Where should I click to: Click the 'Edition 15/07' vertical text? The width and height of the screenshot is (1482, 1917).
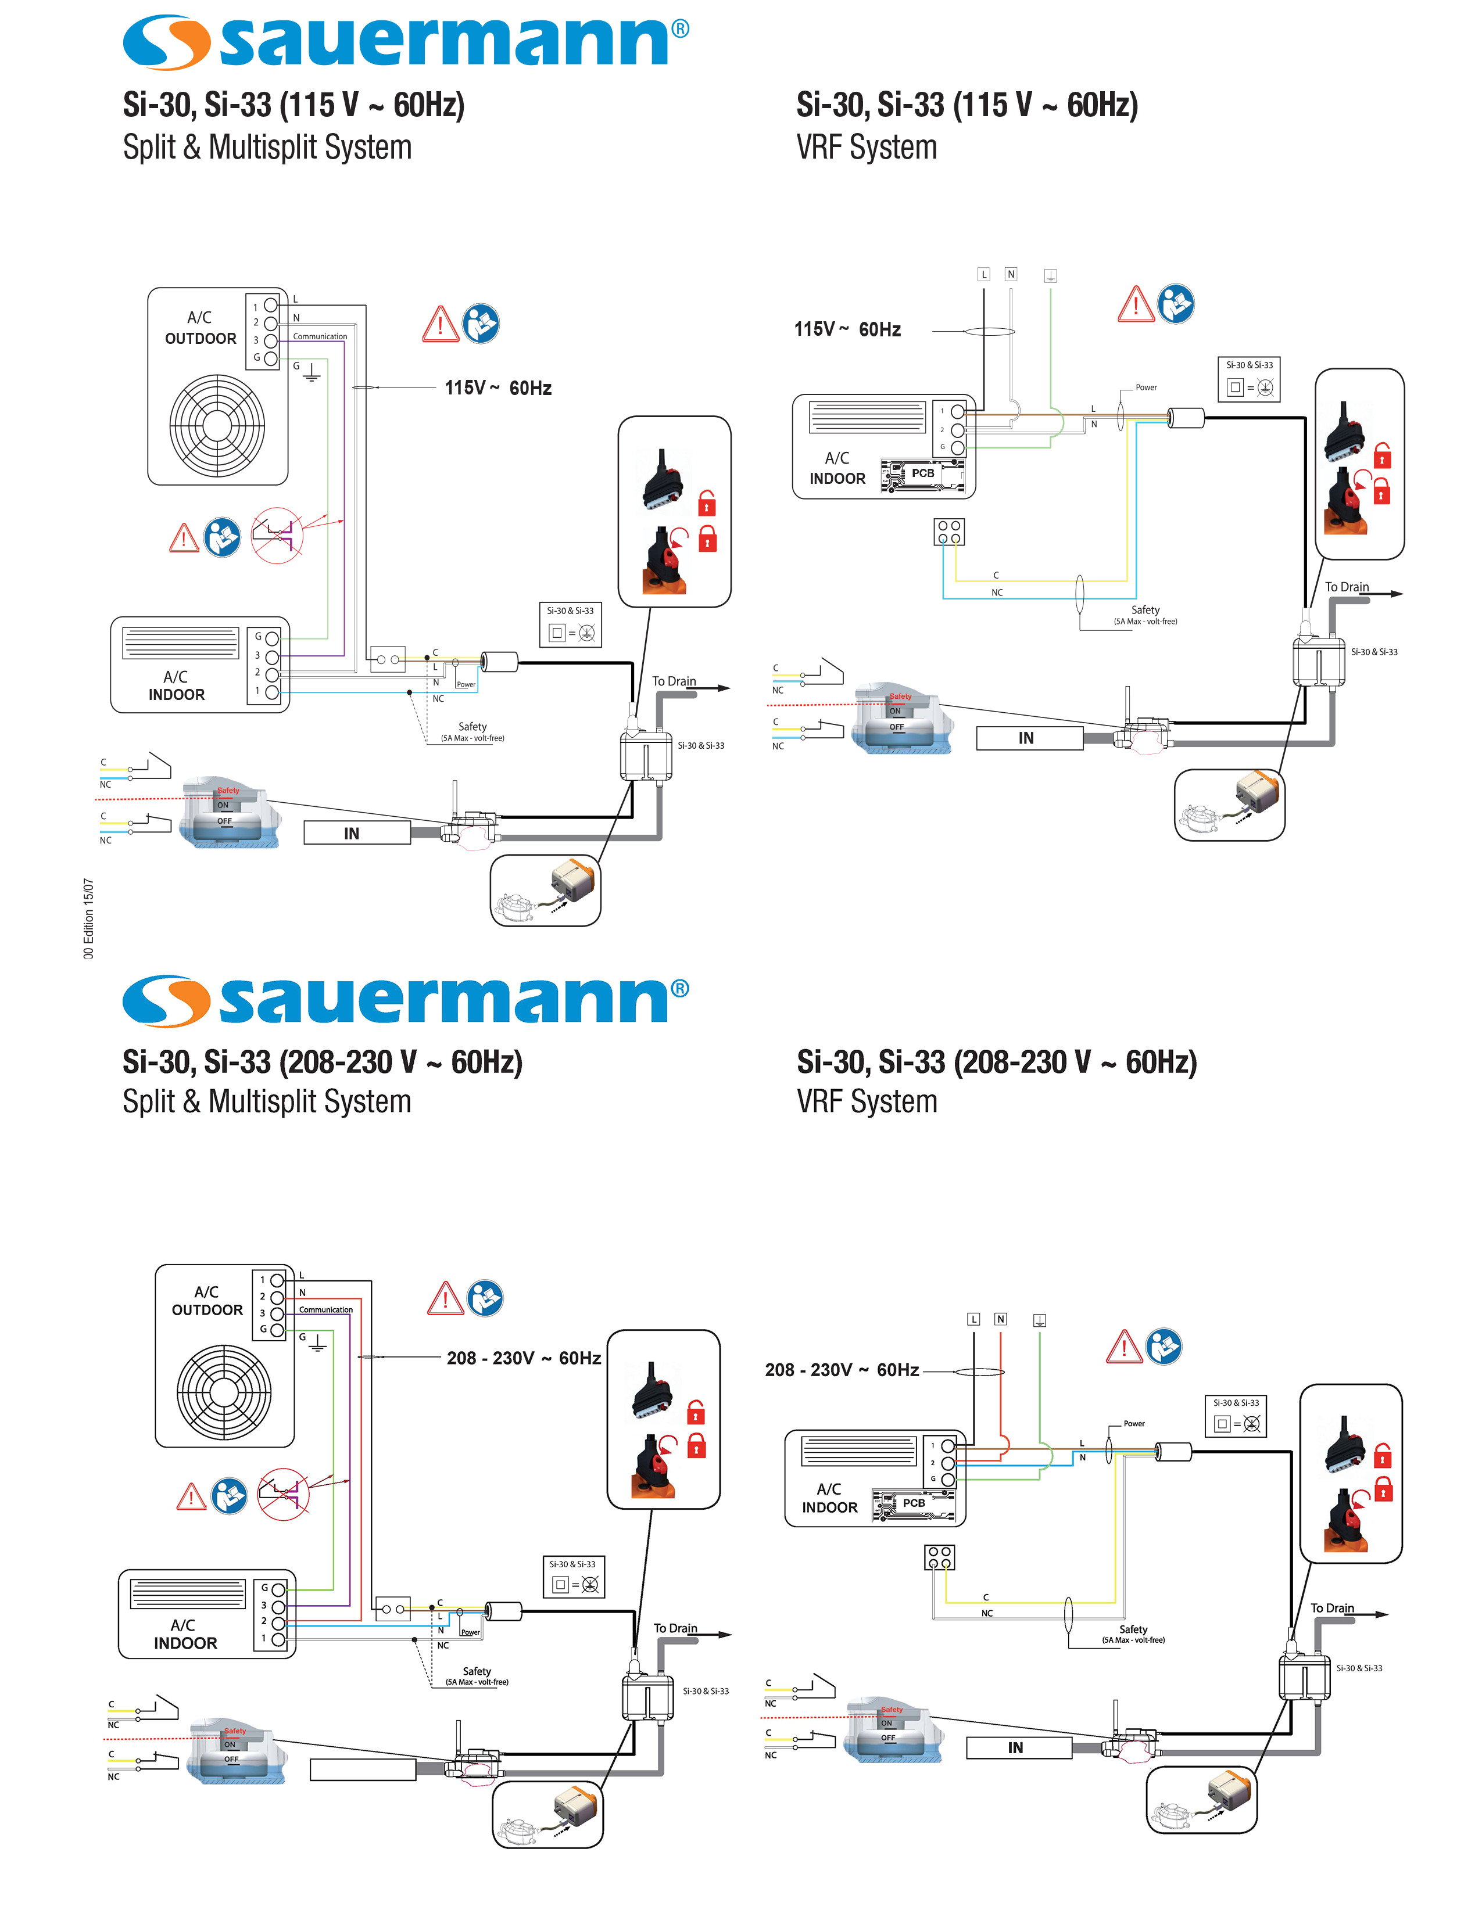click(x=88, y=918)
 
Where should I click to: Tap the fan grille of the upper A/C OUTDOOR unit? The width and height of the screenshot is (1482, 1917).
click(x=217, y=425)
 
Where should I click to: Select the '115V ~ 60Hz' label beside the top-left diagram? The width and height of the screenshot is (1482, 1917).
click(x=498, y=388)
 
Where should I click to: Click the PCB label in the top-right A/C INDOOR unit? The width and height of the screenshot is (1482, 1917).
click(x=923, y=473)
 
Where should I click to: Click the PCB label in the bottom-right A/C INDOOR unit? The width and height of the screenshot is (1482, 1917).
click(x=914, y=1503)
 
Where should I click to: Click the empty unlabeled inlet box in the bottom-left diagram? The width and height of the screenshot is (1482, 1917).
click(x=363, y=1769)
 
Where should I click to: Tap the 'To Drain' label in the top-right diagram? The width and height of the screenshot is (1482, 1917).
click(x=1346, y=587)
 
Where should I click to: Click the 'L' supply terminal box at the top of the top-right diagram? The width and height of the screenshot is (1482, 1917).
click(x=984, y=275)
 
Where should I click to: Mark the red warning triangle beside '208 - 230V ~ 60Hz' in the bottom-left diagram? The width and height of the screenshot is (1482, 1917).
click(x=445, y=1298)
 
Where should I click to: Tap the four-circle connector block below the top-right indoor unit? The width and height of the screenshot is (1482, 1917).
click(x=949, y=532)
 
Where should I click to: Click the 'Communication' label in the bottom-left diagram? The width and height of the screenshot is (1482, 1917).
click(x=325, y=1309)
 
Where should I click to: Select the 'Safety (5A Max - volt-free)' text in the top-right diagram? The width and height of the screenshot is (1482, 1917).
click(x=1145, y=615)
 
